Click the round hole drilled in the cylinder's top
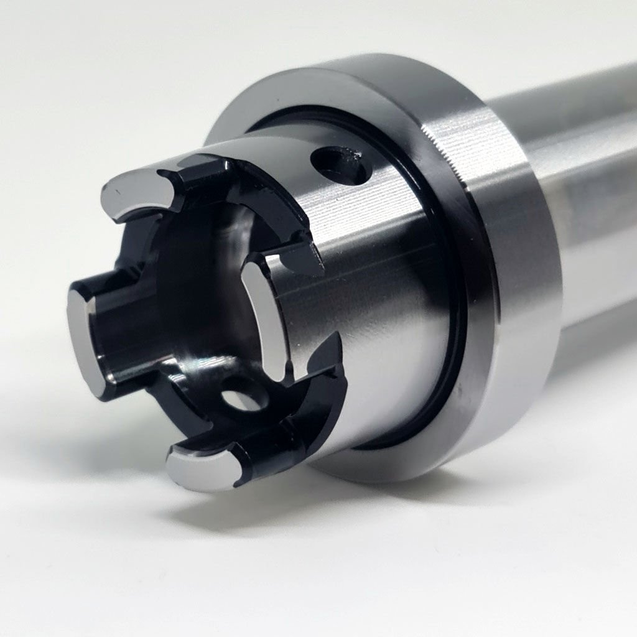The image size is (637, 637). [x=339, y=165]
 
